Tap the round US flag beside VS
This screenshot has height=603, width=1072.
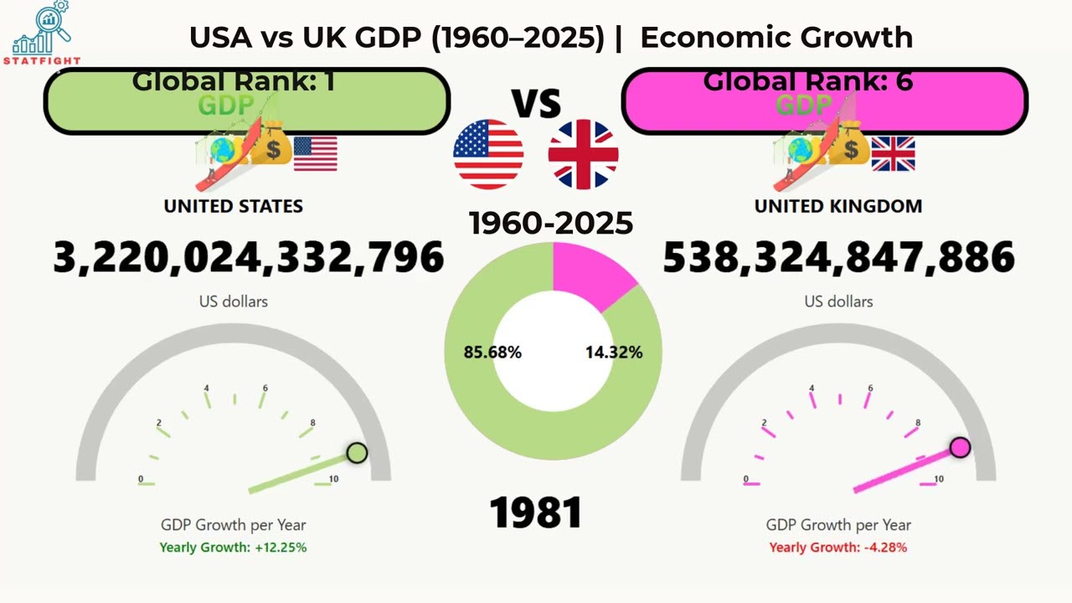point(488,155)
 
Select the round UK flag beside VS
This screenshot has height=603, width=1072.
point(583,155)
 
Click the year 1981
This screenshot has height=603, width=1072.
point(536,512)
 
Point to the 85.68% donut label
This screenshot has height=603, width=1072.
point(492,353)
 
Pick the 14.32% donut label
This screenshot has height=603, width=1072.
point(614,353)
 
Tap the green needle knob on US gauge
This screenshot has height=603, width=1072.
point(357,453)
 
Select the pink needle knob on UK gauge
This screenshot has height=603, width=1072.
point(961,447)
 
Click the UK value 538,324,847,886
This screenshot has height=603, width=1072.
point(838,257)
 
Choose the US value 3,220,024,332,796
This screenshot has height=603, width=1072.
point(249,257)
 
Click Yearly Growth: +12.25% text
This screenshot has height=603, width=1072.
point(233,548)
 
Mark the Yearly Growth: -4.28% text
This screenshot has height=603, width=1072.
point(837,548)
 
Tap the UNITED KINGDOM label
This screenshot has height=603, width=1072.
point(837,206)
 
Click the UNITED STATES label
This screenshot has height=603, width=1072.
point(233,206)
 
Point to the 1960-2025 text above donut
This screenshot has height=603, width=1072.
point(550,224)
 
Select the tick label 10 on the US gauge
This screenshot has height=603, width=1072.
point(333,479)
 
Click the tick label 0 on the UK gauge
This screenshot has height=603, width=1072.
point(745,479)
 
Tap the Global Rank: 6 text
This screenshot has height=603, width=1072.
point(807,81)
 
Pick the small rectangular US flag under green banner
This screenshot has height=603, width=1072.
point(315,153)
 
